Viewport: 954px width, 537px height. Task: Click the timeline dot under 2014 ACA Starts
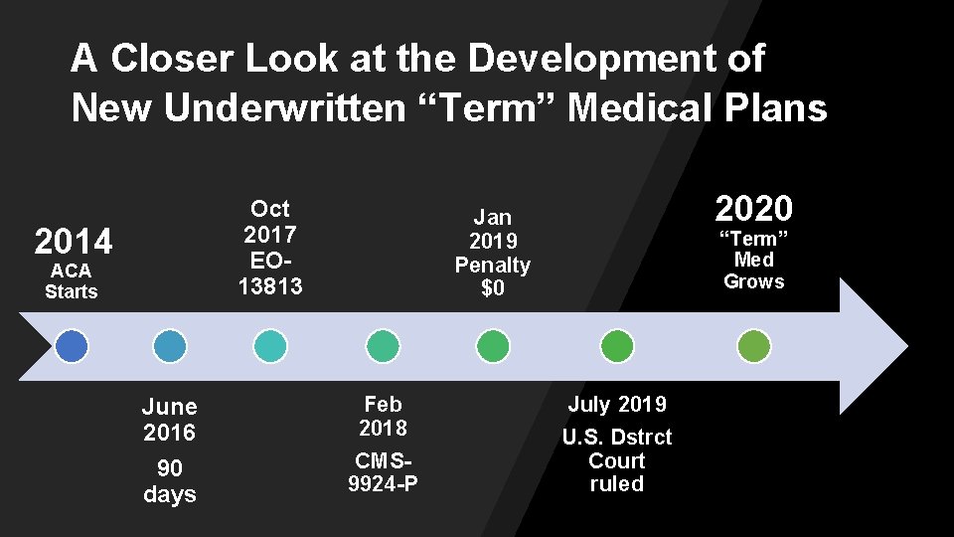click(x=72, y=346)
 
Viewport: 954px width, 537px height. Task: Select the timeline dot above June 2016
click(x=170, y=346)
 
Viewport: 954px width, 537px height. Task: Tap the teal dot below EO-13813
click(x=270, y=346)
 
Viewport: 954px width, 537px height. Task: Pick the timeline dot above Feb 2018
click(x=383, y=346)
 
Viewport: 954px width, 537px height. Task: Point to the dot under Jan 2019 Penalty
click(x=493, y=346)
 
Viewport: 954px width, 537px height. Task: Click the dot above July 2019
click(x=617, y=346)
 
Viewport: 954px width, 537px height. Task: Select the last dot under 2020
click(x=754, y=346)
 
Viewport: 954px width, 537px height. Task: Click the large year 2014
click(x=74, y=242)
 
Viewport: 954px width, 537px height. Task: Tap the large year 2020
click(x=754, y=209)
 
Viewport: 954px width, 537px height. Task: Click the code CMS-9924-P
click(x=383, y=472)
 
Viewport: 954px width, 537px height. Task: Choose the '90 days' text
click(x=170, y=481)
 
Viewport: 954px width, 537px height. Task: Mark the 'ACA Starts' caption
click(x=72, y=281)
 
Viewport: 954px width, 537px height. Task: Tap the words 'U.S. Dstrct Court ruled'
click(x=617, y=460)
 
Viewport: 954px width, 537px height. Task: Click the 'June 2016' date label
click(x=170, y=420)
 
